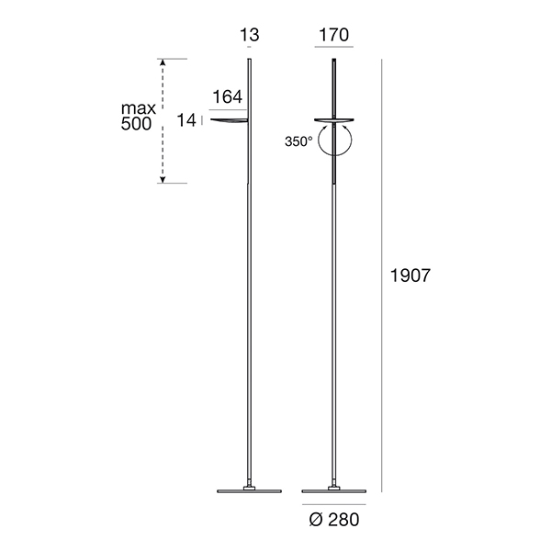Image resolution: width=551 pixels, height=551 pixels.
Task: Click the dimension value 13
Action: coord(250,35)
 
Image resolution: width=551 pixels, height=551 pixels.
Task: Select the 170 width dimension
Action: coord(334,35)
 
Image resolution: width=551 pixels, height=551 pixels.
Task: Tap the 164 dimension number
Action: coord(228,96)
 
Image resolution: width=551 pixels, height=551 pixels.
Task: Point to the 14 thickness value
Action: coord(186,120)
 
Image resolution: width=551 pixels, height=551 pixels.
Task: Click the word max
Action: coord(139,108)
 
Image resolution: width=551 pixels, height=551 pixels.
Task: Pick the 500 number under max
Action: coord(136,124)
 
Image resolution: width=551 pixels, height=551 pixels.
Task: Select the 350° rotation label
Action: coord(298,141)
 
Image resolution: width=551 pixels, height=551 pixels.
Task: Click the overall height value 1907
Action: coord(410,275)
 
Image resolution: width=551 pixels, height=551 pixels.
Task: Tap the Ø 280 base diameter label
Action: coord(334,520)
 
